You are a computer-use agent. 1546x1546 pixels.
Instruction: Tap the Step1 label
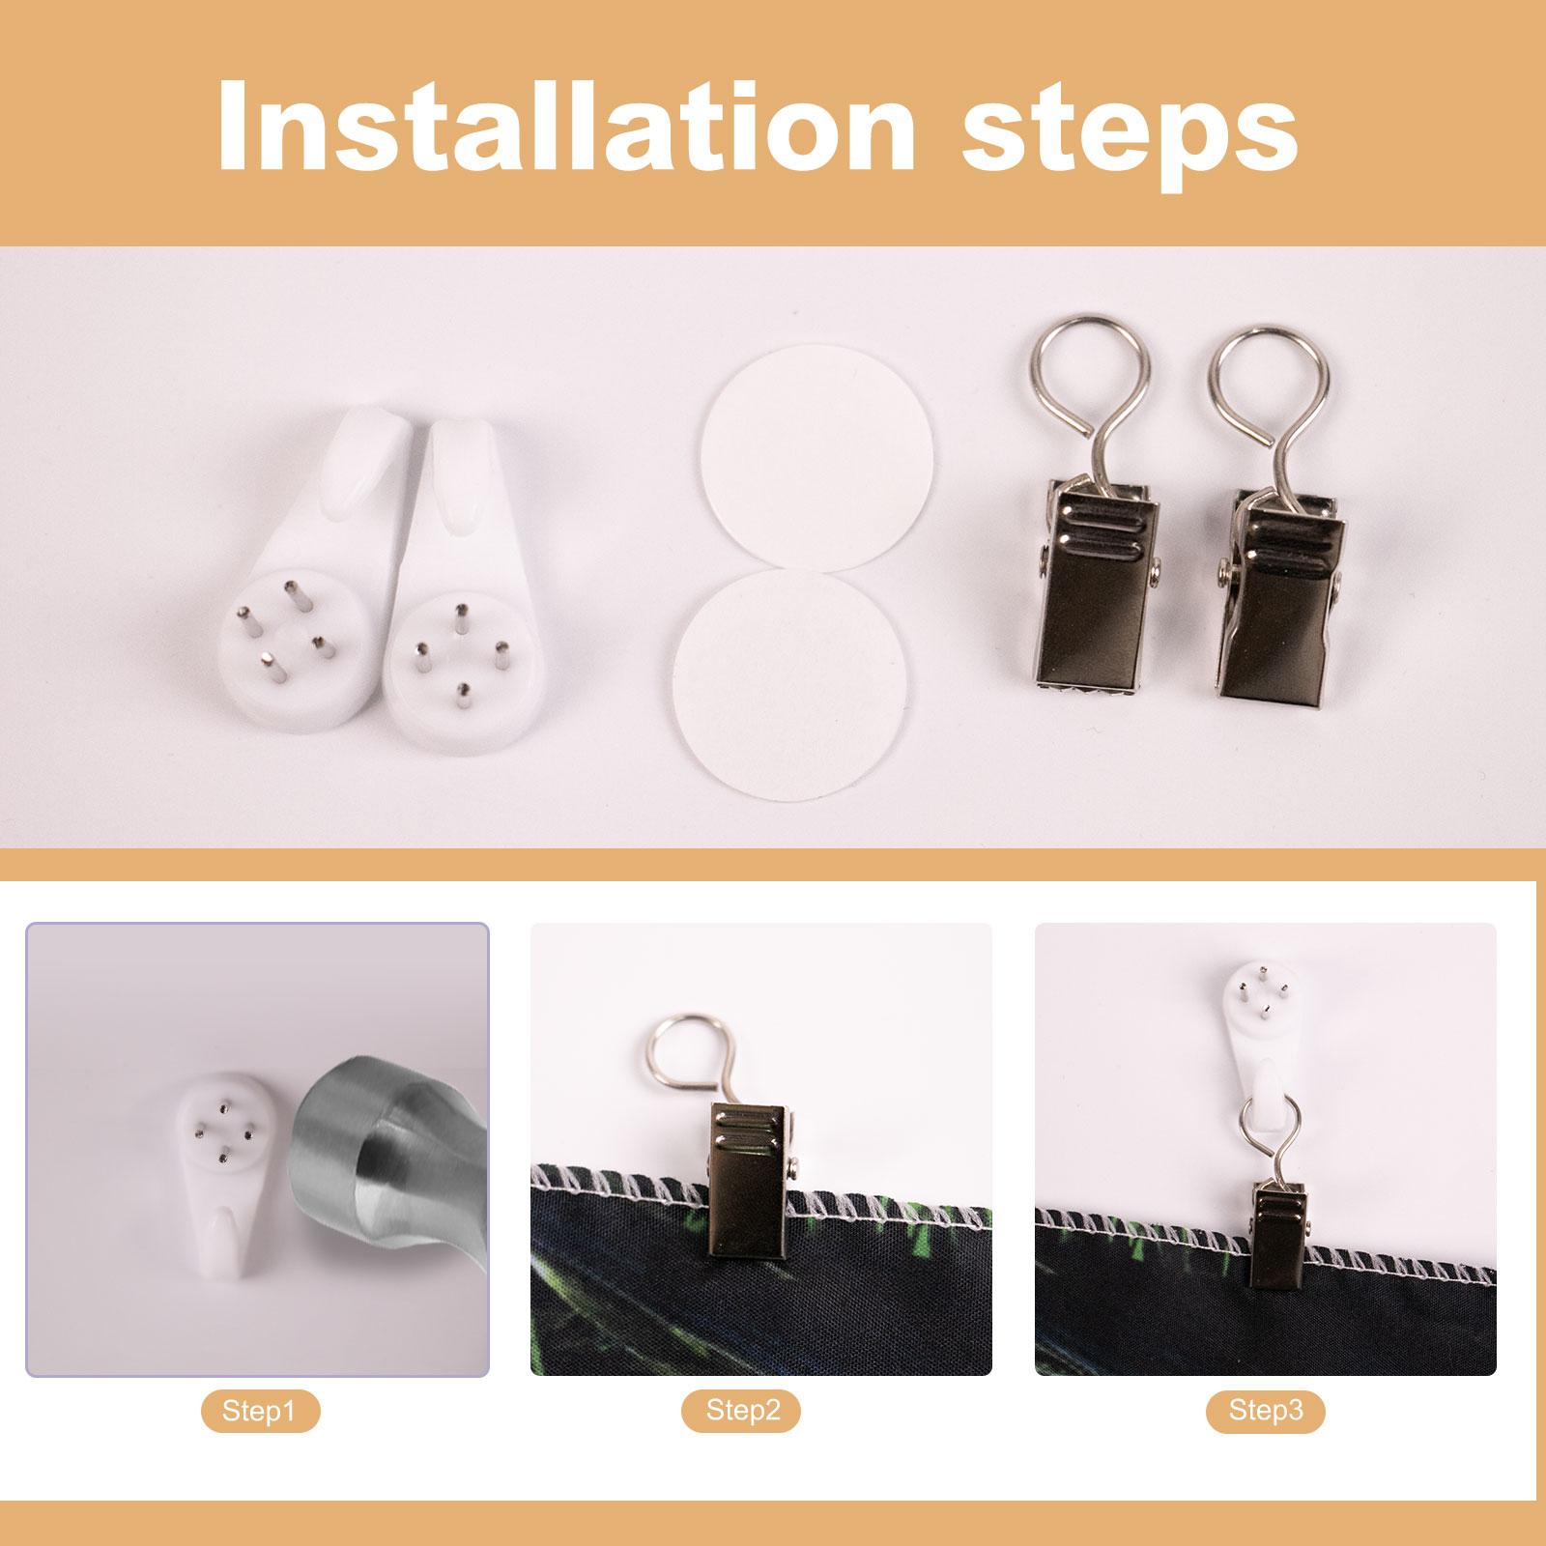click(259, 1412)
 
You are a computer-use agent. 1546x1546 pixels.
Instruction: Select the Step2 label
click(741, 1412)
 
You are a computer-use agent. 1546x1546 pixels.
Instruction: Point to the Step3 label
click(1266, 1412)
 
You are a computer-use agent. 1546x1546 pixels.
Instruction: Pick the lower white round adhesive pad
click(790, 681)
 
